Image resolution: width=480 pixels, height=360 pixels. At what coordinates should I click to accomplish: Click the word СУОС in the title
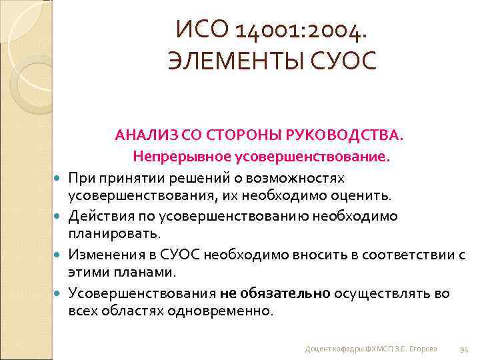pyautogui.click(x=346, y=61)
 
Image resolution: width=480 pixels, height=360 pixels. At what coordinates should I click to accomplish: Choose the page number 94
pyautogui.click(x=465, y=349)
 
